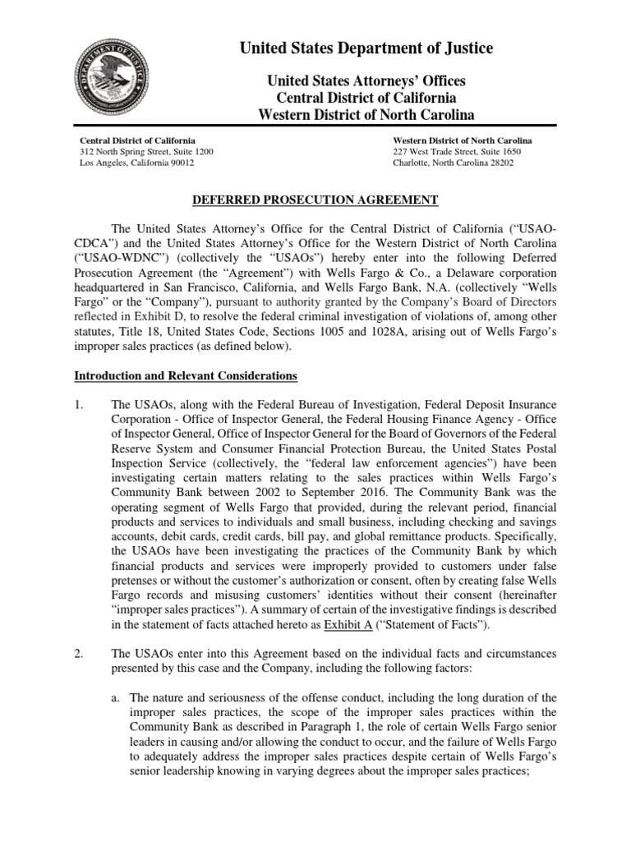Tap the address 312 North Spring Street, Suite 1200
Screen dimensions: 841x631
(x=146, y=152)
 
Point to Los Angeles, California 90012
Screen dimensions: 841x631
(x=136, y=163)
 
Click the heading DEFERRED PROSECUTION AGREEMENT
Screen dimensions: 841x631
(x=315, y=200)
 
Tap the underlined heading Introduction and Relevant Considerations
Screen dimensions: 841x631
(x=186, y=376)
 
